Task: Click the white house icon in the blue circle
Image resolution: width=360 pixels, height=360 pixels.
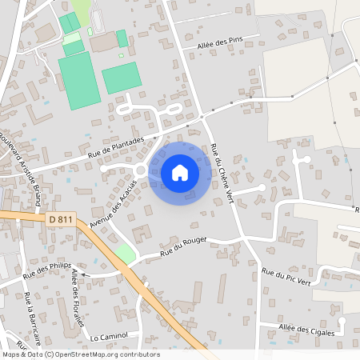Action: point(180,172)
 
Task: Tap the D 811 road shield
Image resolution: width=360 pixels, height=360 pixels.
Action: point(58,218)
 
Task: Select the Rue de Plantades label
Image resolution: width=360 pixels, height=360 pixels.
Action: point(116,146)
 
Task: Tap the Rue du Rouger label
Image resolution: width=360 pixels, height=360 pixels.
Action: point(179,250)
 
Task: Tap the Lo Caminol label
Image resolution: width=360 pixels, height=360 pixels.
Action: point(109,336)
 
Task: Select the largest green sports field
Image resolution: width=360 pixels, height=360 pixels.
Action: point(78,81)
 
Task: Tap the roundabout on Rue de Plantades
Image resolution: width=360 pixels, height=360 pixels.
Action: point(142,170)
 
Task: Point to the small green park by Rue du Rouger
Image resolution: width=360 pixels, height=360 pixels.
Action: point(125,255)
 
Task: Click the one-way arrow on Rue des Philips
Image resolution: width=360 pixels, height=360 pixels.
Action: point(82,274)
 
